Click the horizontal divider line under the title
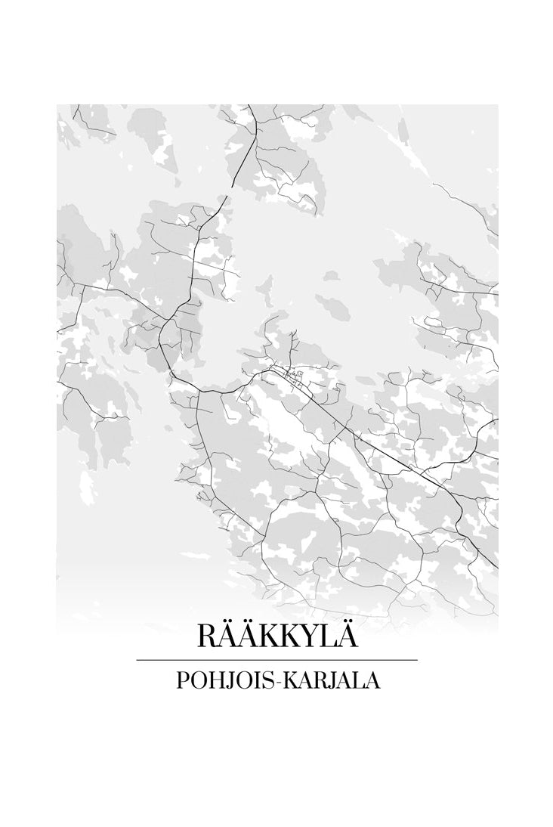click(276, 660)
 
